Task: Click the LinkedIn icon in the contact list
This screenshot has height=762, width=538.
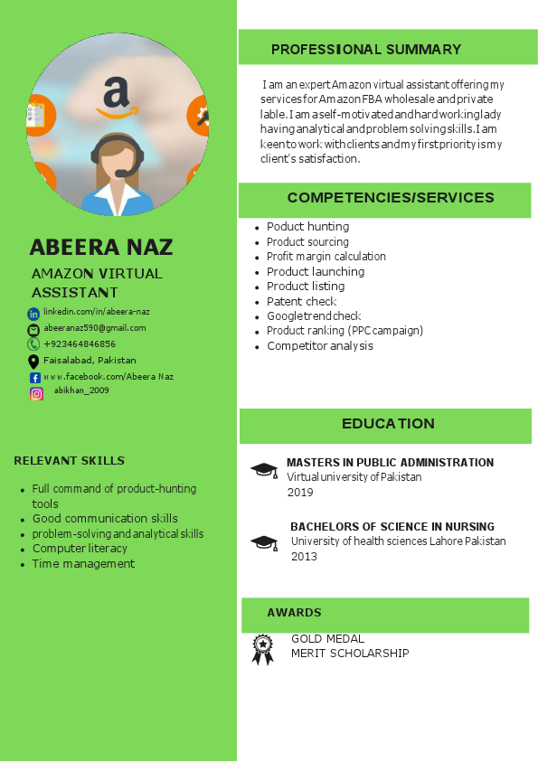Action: [33, 314]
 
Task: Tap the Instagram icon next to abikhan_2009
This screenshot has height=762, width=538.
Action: [36, 393]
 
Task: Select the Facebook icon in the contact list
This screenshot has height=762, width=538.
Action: [35, 377]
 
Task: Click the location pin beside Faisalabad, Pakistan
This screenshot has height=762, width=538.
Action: [33, 361]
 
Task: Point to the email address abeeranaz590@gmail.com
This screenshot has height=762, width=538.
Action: [95, 328]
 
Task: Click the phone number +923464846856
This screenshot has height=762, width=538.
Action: [80, 344]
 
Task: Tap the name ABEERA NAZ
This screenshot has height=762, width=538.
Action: [100, 248]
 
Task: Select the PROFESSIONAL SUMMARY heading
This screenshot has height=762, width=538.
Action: [366, 50]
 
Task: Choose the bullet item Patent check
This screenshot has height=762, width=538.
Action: [301, 302]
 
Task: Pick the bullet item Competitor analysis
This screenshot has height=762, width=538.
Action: [320, 346]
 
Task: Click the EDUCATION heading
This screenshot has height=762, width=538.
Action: [388, 424]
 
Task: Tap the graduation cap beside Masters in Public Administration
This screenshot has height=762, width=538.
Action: [264, 470]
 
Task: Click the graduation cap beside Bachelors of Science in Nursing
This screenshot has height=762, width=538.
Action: [264, 542]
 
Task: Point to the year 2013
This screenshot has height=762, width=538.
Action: [304, 557]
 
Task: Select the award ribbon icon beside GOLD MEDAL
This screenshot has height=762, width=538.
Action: [262, 649]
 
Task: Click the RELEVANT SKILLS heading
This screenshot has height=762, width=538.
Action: [70, 461]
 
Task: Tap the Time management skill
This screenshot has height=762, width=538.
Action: [83, 564]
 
